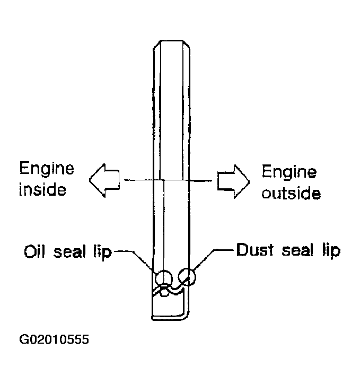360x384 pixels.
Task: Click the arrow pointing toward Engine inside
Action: click(x=104, y=180)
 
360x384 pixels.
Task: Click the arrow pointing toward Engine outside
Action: click(x=233, y=181)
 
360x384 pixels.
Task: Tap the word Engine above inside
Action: click(x=47, y=169)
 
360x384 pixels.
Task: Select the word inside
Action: click(x=42, y=189)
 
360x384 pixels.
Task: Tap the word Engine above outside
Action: click(x=289, y=172)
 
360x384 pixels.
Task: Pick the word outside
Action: click(x=291, y=193)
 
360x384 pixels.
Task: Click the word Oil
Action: click(x=34, y=251)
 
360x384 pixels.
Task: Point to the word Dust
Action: click(x=255, y=250)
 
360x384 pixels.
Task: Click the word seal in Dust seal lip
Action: click(x=297, y=250)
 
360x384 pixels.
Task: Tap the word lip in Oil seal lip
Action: click(x=102, y=253)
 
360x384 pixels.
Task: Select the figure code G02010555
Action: click(x=54, y=339)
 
